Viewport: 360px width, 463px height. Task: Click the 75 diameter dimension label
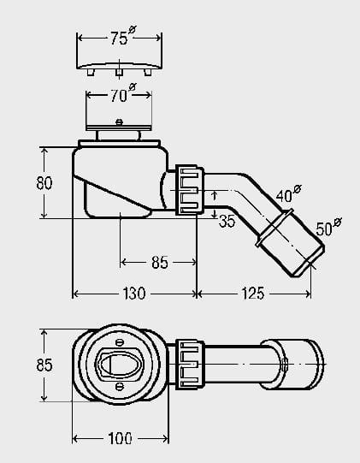[123, 36]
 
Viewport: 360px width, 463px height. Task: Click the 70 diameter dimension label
[123, 93]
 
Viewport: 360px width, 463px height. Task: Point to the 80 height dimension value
[44, 183]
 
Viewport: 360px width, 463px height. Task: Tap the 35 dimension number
[227, 221]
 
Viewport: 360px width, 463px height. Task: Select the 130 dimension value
[134, 294]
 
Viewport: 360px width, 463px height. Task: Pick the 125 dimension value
[253, 294]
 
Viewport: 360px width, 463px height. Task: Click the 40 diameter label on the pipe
[289, 193]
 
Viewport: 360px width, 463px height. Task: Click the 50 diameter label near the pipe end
[328, 226]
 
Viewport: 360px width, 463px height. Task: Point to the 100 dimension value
[120, 438]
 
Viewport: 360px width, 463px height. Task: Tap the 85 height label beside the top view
[44, 365]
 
